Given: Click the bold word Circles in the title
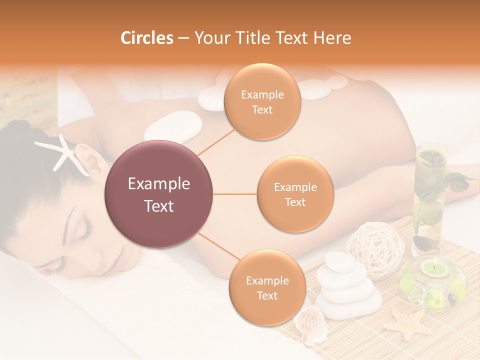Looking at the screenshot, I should (146, 37).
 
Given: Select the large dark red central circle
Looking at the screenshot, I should (159, 194).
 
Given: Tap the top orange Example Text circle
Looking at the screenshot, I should (262, 102).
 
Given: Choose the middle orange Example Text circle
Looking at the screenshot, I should (295, 194).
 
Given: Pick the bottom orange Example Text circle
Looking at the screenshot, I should (267, 288).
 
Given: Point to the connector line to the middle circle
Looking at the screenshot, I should (234, 194).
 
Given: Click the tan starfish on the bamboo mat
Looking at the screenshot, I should (407, 323).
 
